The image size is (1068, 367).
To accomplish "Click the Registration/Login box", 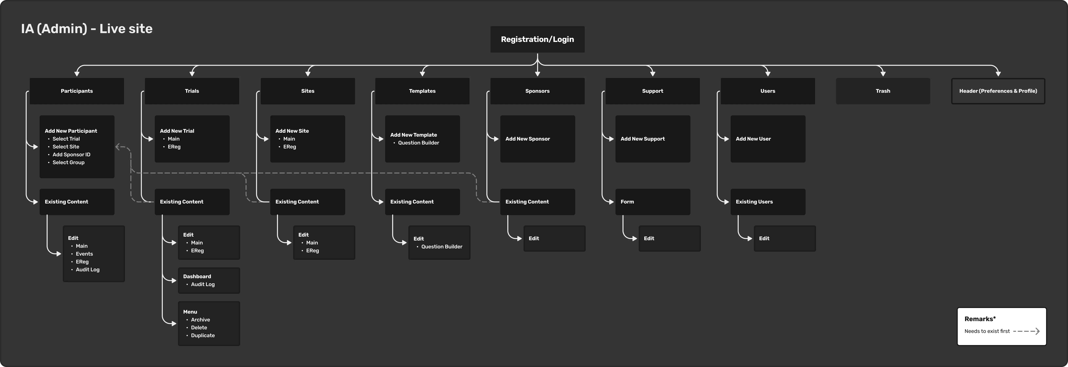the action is (537, 39).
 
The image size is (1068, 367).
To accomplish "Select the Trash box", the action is (883, 91).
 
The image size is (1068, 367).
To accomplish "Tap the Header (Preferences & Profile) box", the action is (998, 91).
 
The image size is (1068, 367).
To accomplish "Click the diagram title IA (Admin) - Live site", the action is (87, 29).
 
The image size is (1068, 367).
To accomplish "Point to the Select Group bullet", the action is (68, 162).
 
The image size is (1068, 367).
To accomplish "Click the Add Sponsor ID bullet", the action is (71, 155).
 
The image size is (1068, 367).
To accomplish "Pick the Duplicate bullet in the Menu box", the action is (203, 335).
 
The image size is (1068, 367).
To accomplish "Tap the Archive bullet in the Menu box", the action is (200, 320).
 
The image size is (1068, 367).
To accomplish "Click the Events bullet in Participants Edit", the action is (84, 254).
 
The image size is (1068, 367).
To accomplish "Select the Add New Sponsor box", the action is (537, 139).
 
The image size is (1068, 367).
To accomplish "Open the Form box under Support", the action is (653, 202).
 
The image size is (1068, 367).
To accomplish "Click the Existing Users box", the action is (768, 202).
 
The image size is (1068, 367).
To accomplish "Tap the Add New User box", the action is (768, 139).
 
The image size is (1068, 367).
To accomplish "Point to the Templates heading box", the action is (422, 91).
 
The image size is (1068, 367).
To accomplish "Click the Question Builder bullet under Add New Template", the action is (418, 143).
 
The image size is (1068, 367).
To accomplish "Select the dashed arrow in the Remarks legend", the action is (1026, 331).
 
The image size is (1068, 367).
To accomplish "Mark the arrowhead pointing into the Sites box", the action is (308, 74).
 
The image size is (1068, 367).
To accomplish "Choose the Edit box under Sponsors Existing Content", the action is (554, 238).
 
